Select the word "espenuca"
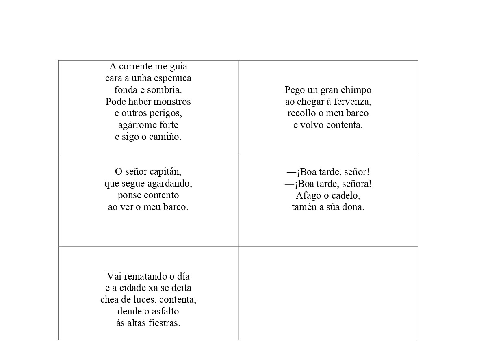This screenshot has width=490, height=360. tap(173, 78)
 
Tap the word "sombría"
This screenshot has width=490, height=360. tap(165, 90)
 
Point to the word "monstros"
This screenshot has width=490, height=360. tap(172, 102)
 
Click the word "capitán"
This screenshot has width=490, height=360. tap(165, 172)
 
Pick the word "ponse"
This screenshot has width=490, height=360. tap(129, 195)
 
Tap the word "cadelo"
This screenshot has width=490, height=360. tap(346, 195)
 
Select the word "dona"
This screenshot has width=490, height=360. tap(354, 207)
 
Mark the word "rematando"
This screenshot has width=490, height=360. tap(139, 277)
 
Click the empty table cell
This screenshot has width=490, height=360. tap(328, 293)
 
